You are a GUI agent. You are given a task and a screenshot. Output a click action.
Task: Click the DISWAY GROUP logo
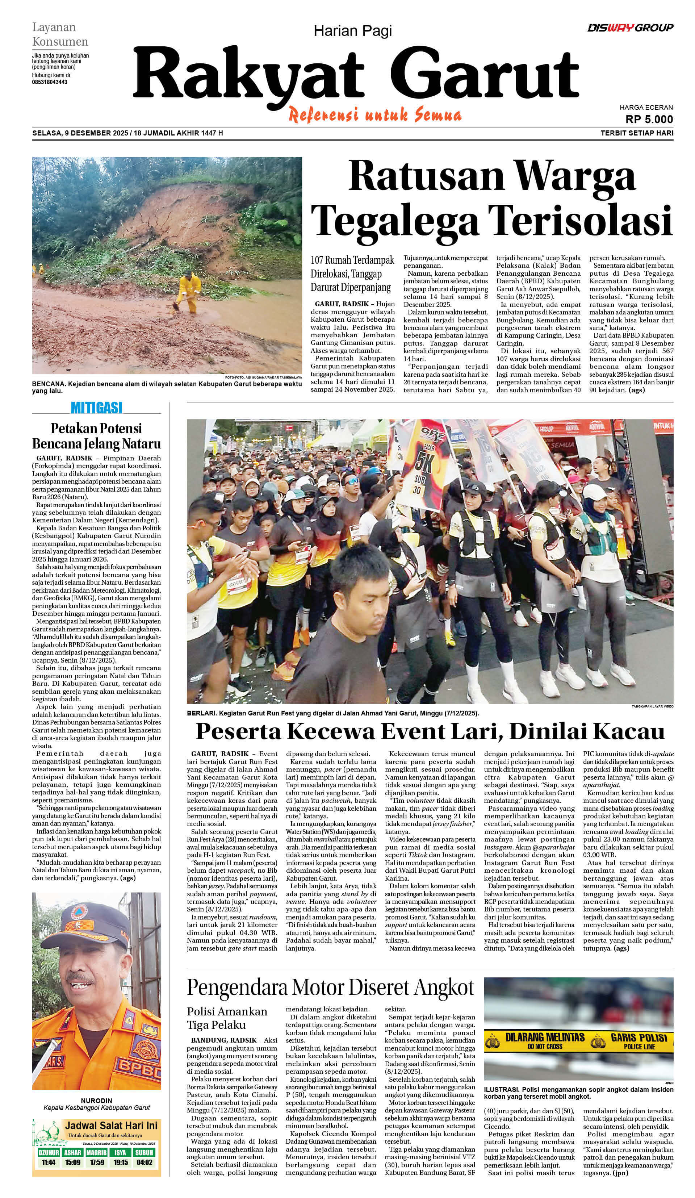click(x=630, y=28)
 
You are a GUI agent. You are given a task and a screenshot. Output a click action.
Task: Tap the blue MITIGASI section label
click(x=96, y=408)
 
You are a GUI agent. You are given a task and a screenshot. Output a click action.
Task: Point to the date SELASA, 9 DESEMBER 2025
click(x=80, y=133)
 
